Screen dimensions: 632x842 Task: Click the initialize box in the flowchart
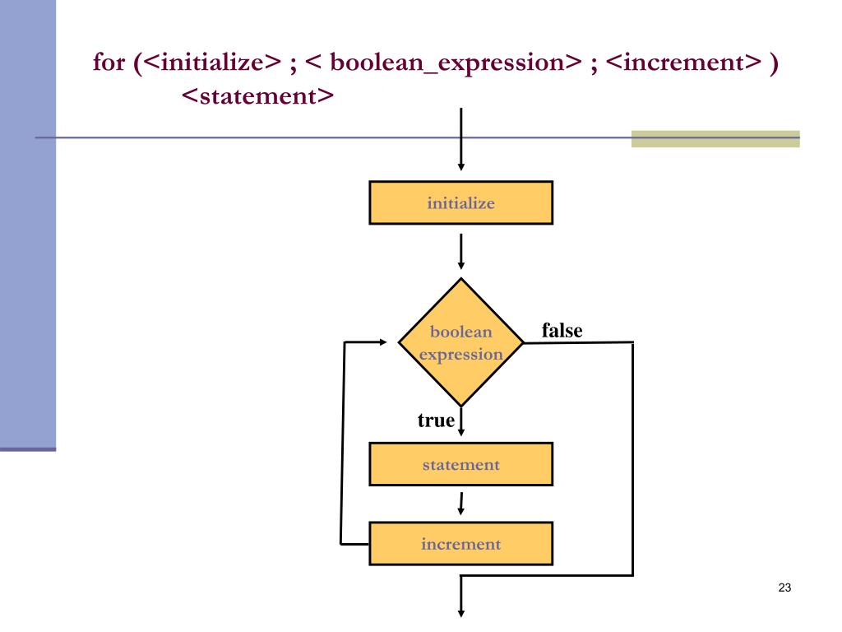click(x=460, y=202)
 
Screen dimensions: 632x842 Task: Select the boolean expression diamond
click(x=460, y=342)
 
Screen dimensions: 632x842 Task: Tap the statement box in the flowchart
click(x=460, y=464)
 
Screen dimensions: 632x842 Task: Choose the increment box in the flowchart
click(x=460, y=544)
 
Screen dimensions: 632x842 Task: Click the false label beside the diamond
click(x=562, y=331)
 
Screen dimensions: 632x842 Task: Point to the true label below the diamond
click(x=436, y=421)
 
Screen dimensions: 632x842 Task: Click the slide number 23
click(x=784, y=588)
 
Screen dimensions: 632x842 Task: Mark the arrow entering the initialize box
click(x=461, y=140)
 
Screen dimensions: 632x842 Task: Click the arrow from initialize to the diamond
click(x=461, y=252)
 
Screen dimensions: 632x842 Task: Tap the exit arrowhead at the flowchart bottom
click(x=461, y=611)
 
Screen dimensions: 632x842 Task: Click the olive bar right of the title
click(x=715, y=138)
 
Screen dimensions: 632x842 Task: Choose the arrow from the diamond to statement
click(x=461, y=423)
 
